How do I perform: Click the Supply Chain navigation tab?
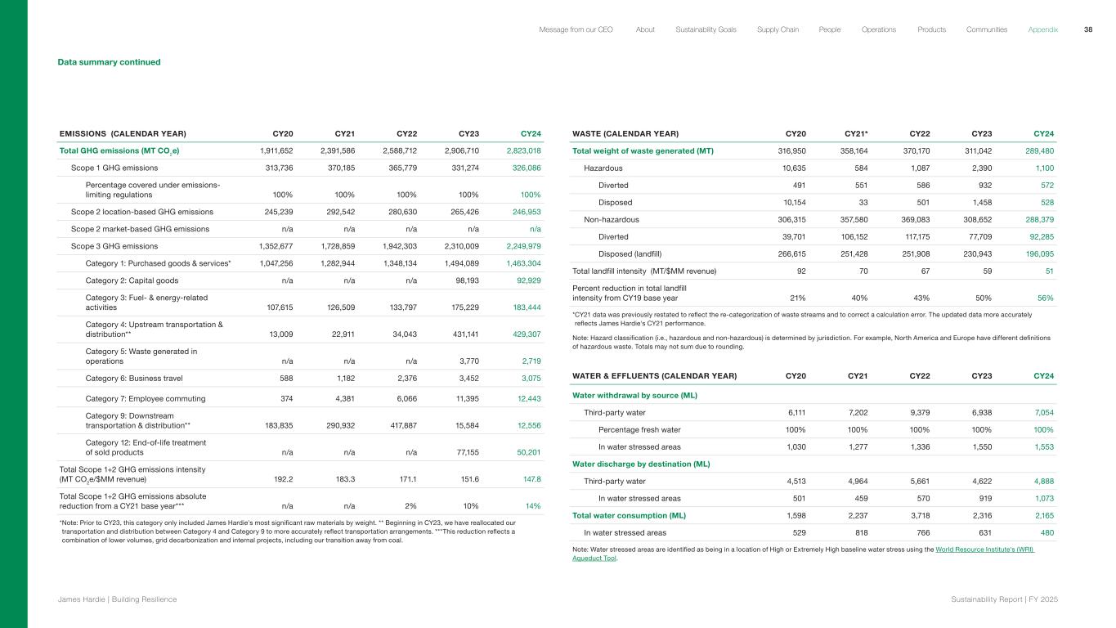pos(778,29)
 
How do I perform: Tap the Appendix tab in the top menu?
pos(1042,29)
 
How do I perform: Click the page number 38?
pos(1088,29)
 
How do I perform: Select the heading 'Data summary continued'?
pos(109,62)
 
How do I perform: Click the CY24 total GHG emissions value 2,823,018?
pos(523,150)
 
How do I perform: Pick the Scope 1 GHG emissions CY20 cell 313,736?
pos(276,168)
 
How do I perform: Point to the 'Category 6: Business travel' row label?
pos(134,378)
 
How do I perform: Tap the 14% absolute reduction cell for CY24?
pos(532,506)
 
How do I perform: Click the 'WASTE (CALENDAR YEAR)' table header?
pos(625,133)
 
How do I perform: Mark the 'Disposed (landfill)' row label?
pos(638,254)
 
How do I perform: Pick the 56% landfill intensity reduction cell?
pos(1045,298)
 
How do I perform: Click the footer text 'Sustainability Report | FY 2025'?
pos(1004,599)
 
